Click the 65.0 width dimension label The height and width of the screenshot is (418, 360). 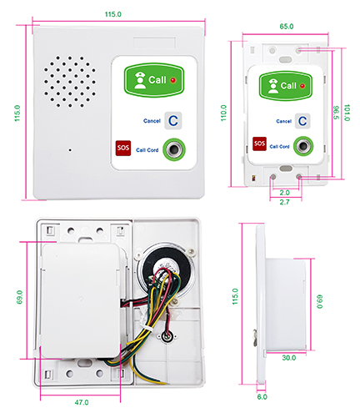(x=287, y=27)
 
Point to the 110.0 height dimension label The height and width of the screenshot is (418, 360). (x=223, y=113)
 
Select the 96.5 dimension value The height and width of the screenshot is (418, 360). (x=336, y=113)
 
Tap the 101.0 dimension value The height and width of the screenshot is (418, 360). (x=347, y=113)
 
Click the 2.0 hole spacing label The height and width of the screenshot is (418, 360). (x=284, y=193)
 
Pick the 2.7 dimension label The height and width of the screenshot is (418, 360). (x=284, y=202)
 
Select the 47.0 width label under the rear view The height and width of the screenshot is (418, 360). (x=82, y=402)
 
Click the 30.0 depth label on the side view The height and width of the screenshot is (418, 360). (x=289, y=358)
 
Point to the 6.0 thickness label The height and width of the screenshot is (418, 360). (x=262, y=396)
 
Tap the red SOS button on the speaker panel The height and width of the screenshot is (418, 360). (x=123, y=148)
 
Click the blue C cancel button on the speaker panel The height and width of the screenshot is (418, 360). (x=172, y=120)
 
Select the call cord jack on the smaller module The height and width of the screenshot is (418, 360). (x=303, y=146)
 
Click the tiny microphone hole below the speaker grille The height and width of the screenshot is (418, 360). (x=70, y=150)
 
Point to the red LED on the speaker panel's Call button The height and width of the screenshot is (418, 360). (x=173, y=80)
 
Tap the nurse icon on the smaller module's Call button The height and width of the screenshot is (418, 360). (x=273, y=86)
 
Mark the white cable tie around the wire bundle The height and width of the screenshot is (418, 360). (x=147, y=329)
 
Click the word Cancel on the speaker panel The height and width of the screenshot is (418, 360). (x=152, y=121)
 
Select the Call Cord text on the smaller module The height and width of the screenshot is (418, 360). (x=279, y=146)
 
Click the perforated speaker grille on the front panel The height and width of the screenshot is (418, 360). (x=70, y=82)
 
